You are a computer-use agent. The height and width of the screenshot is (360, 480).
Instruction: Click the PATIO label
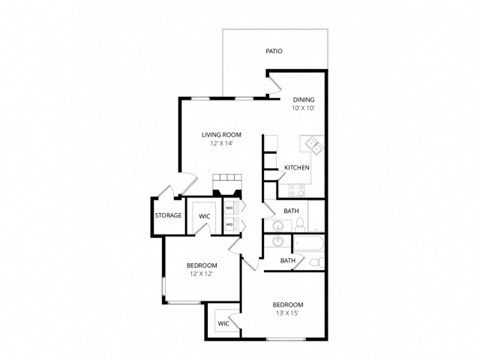pyautogui.click(x=273, y=49)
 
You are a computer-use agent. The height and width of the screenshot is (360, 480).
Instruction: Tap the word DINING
pyautogui.click(x=303, y=100)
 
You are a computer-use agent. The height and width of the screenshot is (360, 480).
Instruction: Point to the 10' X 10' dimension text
pyautogui.click(x=303, y=109)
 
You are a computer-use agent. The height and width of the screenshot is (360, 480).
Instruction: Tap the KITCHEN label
pyautogui.click(x=296, y=167)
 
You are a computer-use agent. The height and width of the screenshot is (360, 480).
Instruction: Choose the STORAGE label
pyautogui.click(x=168, y=215)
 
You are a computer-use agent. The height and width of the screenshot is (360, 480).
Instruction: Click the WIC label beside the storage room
pyautogui.click(x=204, y=215)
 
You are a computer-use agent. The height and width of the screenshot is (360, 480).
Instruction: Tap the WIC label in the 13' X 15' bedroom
pyautogui.click(x=223, y=323)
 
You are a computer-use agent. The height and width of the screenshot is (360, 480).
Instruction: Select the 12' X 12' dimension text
pyautogui.click(x=201, y=273)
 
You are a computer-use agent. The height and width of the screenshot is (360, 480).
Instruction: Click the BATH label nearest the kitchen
pyautogui.click(x=291, y=211)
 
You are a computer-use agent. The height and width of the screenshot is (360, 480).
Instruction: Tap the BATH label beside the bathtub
pyautogui.click(x=287, y=261)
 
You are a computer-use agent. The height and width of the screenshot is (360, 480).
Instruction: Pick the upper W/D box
pyautogui.click(x=230, y=209)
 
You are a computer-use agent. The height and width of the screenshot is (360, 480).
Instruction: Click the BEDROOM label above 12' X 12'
pyautogui.click(x=201, y=264)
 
